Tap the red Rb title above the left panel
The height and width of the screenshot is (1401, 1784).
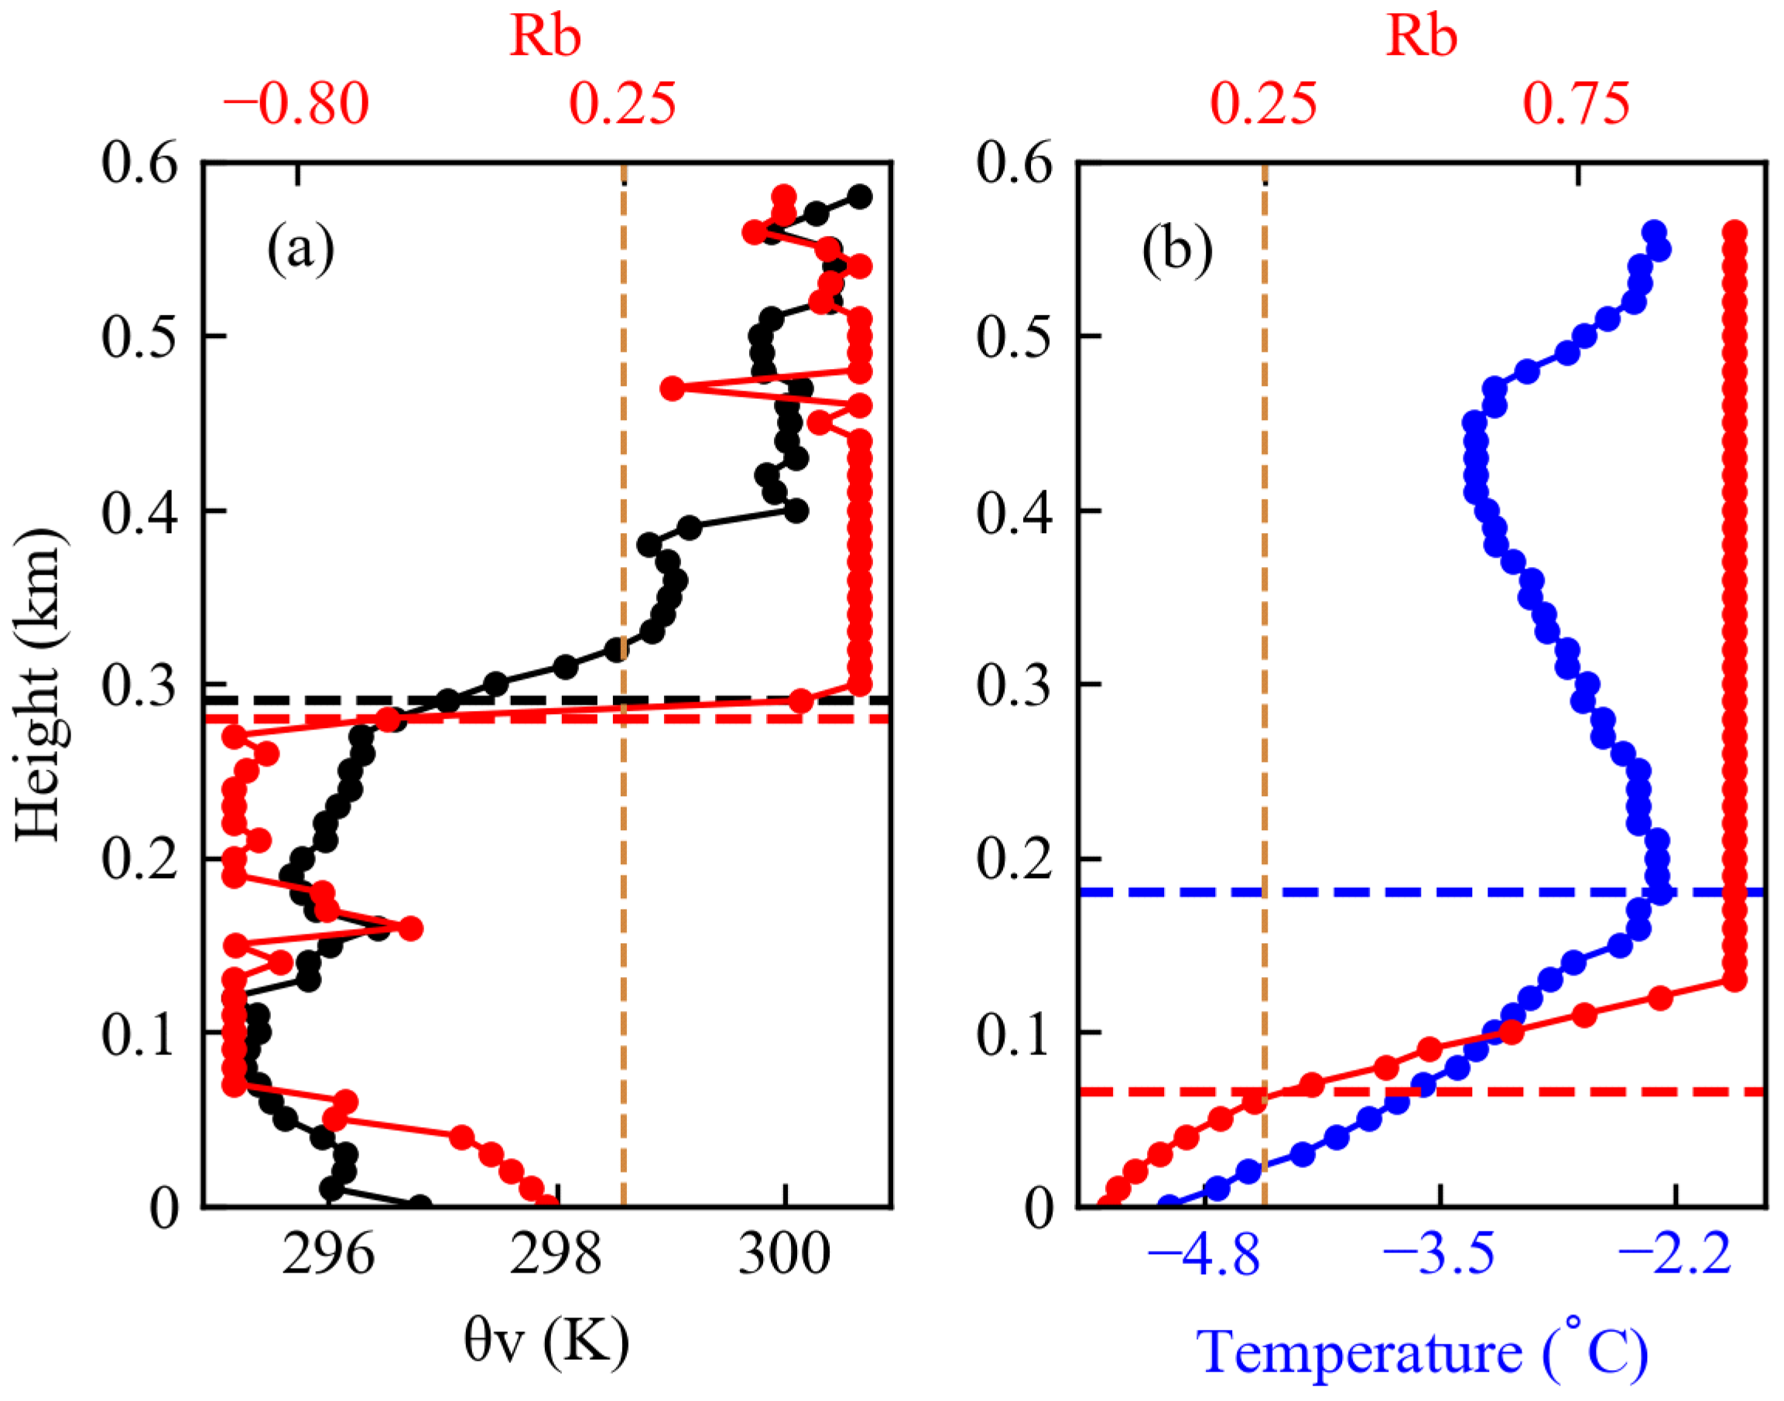pos(545,36)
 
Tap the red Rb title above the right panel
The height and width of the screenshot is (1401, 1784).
pos(1421,36)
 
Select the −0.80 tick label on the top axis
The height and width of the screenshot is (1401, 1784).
pos(296,104)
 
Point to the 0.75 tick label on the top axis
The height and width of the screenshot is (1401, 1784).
pos(1577,104)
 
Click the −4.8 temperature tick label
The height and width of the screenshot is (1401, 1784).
pos(1203,1256)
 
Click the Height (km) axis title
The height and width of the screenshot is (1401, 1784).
pos(39,685)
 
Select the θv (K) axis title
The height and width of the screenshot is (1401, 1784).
pos(546,1343)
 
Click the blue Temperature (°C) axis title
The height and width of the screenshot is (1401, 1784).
pos(1421,1351)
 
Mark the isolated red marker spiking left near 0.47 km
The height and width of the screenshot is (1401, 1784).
pos(672,388)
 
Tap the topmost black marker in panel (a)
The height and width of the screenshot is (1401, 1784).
pos(860,196)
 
